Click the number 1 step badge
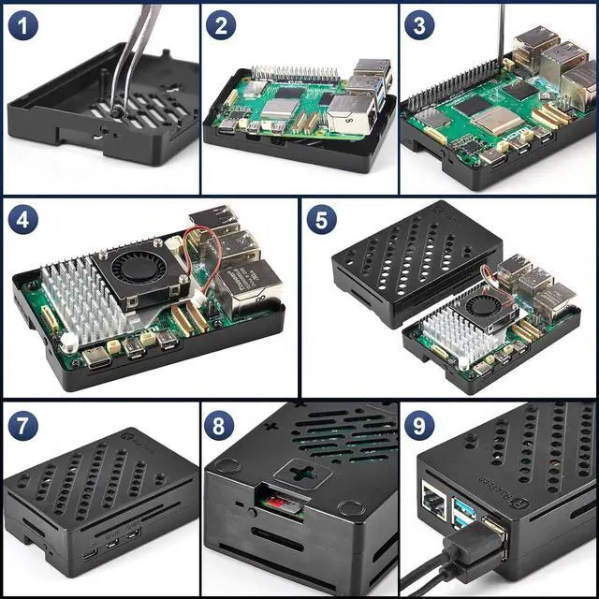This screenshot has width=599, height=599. click(22, 25)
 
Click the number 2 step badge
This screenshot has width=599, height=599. click(220, 25)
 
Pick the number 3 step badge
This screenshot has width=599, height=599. click(419, 25)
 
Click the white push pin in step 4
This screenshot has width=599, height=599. click(69, 343)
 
